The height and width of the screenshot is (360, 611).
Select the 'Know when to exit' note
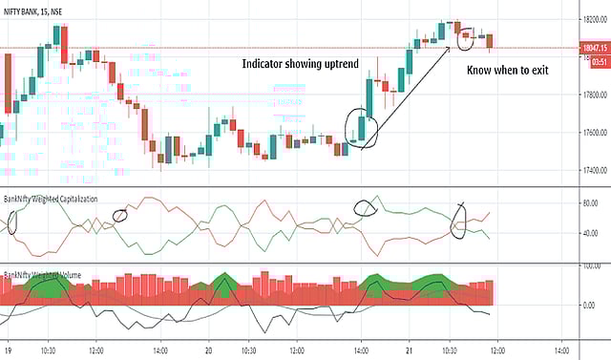506,72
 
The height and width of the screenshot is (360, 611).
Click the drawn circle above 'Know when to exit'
467,38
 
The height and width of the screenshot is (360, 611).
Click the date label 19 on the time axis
9,349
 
